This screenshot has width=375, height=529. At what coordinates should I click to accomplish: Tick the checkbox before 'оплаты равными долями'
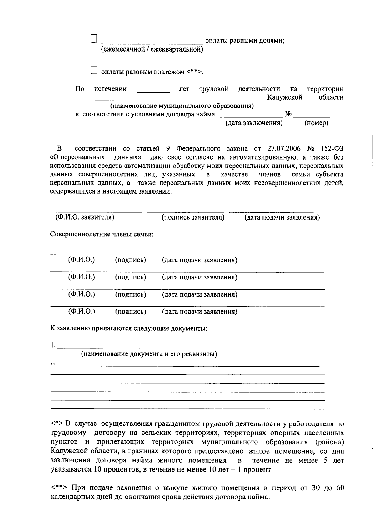click(94, 39)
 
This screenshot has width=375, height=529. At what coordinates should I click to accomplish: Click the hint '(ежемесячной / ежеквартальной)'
click(152, 49)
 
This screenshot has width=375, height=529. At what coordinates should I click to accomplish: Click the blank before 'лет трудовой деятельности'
click(153, 90)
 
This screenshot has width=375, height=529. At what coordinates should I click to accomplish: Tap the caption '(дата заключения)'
click(254, 123)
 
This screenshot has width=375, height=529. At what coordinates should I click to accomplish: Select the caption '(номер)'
click(316, 123)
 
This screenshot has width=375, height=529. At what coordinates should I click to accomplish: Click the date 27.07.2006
click(284, 148)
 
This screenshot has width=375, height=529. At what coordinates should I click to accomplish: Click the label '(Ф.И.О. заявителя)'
click(85, 217)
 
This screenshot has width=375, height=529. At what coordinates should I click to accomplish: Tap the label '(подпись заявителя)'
click(193, 217)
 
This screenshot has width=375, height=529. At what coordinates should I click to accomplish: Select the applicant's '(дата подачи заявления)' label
click(282, 217)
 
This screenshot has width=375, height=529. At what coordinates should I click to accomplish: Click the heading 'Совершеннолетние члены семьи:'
click(102, 234)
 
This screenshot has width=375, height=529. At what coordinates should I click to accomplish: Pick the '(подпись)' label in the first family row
click(130, 260)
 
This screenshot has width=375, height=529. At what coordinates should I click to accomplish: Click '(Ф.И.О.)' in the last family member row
click(82, 311)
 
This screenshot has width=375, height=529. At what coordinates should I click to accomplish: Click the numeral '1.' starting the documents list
click(53, 345)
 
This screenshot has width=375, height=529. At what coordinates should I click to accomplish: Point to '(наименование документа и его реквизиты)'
click(149, 354)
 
